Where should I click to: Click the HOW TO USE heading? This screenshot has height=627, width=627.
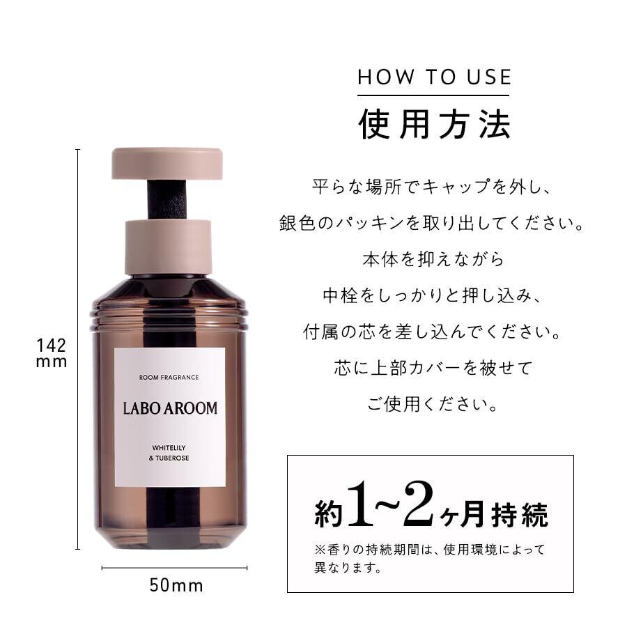coord(434,77)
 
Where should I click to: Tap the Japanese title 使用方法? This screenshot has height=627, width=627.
coord(434,125)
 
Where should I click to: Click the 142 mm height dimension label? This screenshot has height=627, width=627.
coord(51,353)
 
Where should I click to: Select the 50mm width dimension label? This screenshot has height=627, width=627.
coord(176,585)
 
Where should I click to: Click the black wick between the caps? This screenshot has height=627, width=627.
coord(167,200)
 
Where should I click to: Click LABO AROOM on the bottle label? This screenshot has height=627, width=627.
coord(170,408)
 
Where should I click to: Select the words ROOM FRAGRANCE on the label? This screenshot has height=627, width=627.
coord(169,377)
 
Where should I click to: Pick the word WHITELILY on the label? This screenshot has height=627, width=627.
coord(169,448)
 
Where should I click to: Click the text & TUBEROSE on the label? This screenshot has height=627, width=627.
coord(169,458)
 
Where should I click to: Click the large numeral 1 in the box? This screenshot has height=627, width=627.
coord(360,504)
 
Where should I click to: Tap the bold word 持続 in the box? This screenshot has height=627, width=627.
coord(520,515)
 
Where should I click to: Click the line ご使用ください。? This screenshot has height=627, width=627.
coord(433,404)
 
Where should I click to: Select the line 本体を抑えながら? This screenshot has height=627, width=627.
coord(433,259)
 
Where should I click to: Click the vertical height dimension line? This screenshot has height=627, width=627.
coord(77,349)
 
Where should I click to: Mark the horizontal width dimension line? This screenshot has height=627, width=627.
coord(174,568)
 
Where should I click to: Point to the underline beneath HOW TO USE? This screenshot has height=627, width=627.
coord(433,95)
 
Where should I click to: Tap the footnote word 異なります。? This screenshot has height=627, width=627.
coord(348,567)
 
